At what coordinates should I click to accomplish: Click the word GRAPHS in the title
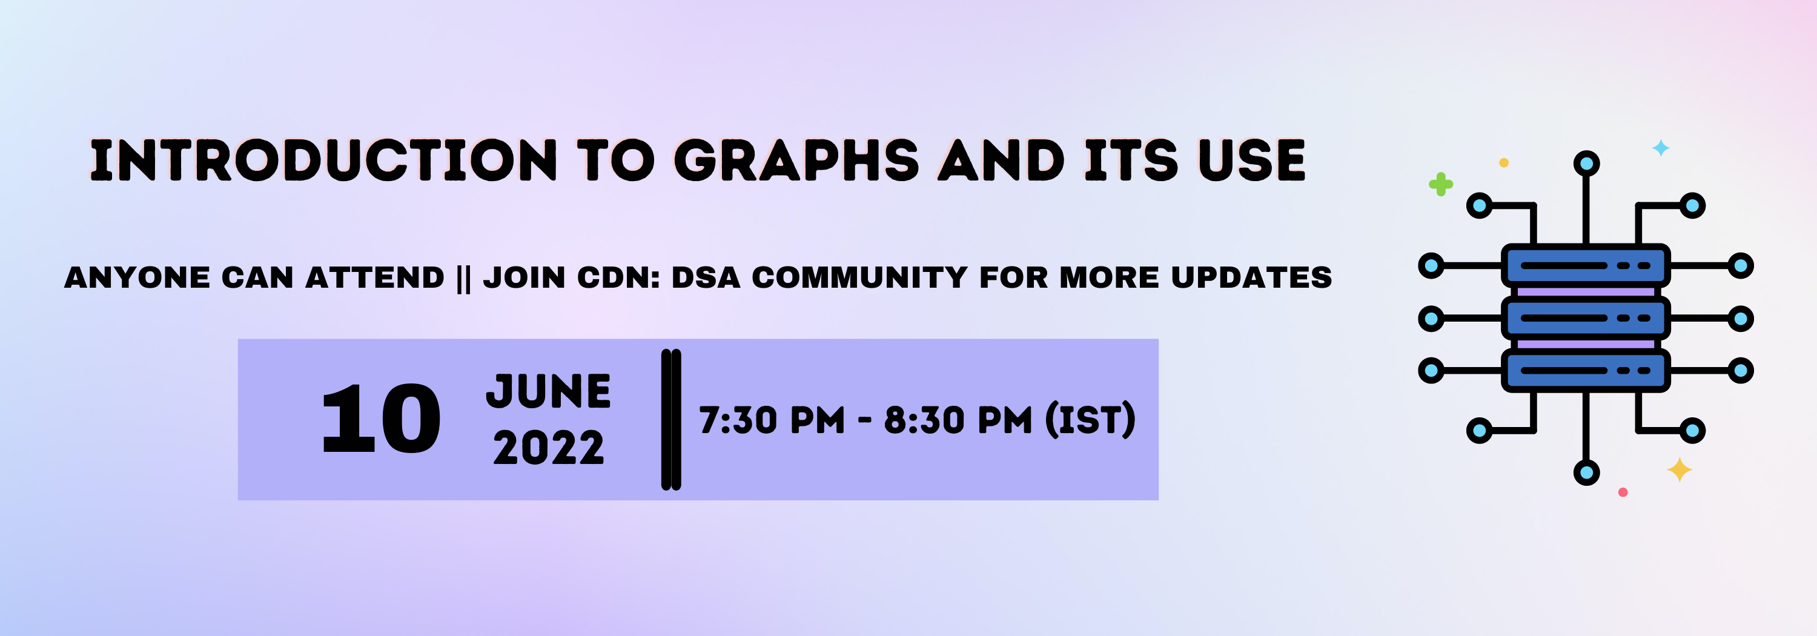(796, 160)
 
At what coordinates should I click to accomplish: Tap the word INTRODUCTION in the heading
(323, 160)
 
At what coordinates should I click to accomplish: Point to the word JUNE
(548, 391)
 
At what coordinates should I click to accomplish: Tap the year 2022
(548, 448)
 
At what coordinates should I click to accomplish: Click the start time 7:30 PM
(772, 420)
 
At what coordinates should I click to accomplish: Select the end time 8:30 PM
(958, 420)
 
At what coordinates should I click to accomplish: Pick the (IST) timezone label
(1090, 420)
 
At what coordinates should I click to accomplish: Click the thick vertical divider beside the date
(671, 420)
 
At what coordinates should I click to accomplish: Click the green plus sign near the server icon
(1440, 185)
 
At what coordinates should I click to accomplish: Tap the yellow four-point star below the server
(1680, 469)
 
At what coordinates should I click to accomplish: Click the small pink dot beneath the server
(1623, 492)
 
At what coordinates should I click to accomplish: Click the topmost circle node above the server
(1586, 164)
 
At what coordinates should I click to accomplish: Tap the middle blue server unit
(1585, 318)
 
